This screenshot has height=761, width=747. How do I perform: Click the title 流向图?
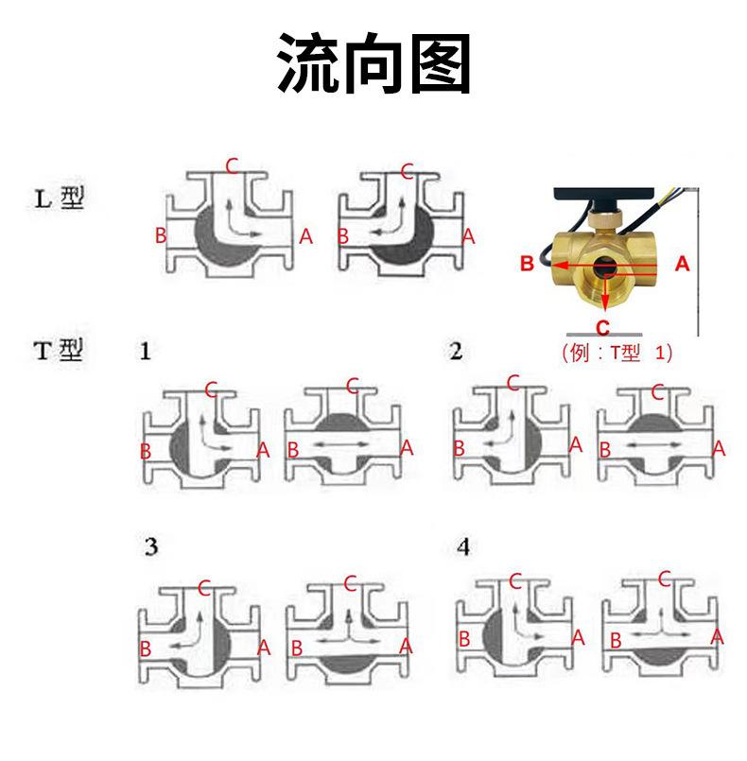(x=373, y=62)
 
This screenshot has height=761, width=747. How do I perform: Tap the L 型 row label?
(x=60, y=199)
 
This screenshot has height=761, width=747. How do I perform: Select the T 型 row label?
(x=59, y=350)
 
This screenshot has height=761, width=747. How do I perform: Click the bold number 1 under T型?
(x=145, y=351)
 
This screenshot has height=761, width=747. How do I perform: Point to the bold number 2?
(x=456, y=351)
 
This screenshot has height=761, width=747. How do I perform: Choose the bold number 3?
(x=151, y=547)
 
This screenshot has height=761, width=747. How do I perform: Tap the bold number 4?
(x=463, y=547)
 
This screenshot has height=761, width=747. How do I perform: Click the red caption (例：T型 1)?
(x=617, y=352)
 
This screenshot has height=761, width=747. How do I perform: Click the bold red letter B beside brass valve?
(x=527, y=264)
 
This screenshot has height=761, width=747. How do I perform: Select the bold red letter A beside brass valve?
(x=682, y=264)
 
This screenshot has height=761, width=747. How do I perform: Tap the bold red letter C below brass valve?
(x=602, y=328)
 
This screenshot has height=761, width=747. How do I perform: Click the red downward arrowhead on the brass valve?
(x=604, y=303)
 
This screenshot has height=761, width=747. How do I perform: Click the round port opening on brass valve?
(x=605, y=267)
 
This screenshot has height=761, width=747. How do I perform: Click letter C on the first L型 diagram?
(x=232, y=166)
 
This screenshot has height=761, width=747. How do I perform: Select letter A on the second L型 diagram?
(x=468, y=236)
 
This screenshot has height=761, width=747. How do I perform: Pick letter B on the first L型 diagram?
(x=161, y=235)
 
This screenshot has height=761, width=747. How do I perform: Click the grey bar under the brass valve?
(x=604, y=335)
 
